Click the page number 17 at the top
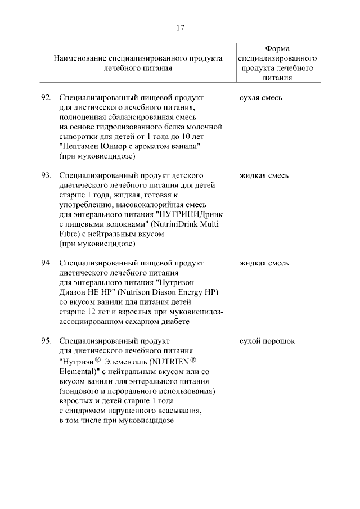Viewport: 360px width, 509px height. pos(180,28)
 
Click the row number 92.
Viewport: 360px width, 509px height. pos(47,98)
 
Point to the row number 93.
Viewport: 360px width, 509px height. pos(47,175)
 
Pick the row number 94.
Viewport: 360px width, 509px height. pos(47,263)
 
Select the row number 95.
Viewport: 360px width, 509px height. pos(47,341)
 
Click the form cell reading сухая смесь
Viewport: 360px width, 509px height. pos(260,98)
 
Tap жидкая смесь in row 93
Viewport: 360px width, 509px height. pos(264,175)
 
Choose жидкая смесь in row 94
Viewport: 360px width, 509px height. pos(264,263)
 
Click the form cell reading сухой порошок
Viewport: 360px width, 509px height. pos(267,341)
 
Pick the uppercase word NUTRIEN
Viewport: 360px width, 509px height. pos(168,362)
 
